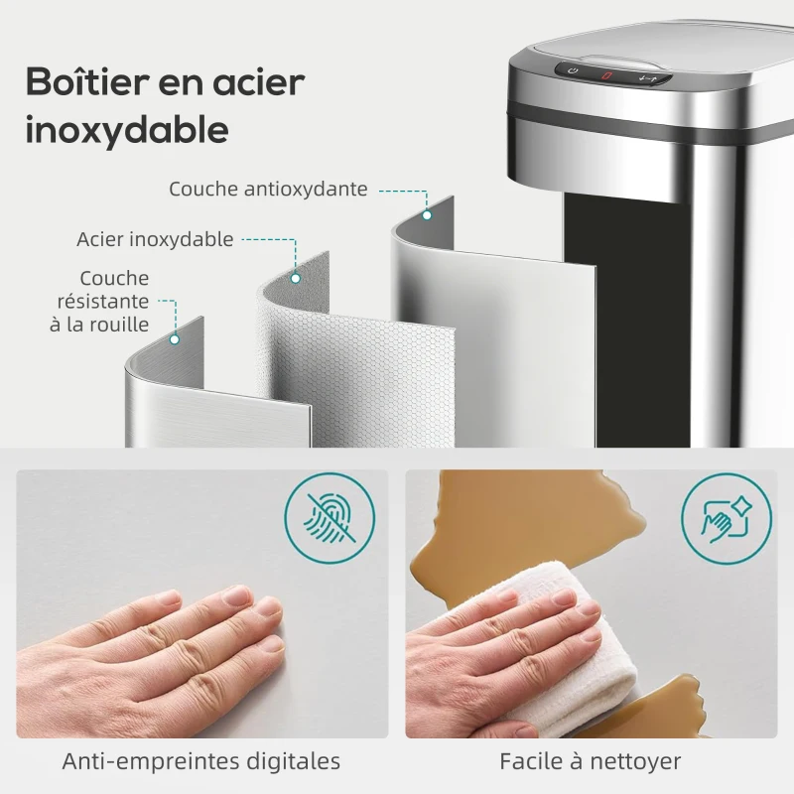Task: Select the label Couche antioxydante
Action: [268, 189]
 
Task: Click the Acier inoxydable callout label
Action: [155, 239]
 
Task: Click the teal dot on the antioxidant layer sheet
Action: [427, 214]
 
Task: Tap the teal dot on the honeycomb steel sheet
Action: [295, 279]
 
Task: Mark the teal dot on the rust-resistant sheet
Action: [175, 338]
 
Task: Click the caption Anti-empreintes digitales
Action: [201, 762]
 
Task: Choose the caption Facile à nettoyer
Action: [591, 762]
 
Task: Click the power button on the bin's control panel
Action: [574, 70]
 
